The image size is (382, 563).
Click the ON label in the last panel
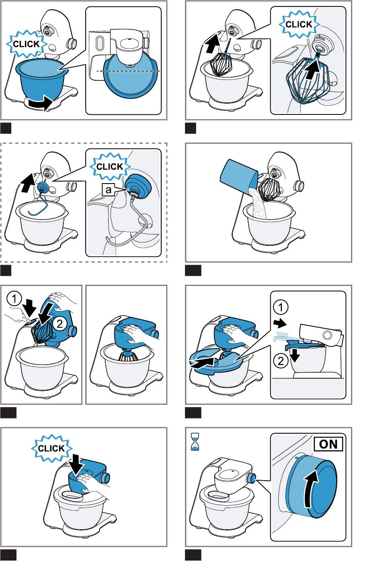(x=328, y=444)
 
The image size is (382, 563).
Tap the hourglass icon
(x=195, y=441)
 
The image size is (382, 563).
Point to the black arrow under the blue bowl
(x=40, y=103)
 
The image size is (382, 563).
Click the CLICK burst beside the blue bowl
(x=27, y=44)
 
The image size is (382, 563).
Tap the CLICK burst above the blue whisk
(x=299, y=24)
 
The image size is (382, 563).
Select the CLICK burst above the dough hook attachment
(x=110, y=166)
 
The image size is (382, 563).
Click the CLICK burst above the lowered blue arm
(x=51, y=448)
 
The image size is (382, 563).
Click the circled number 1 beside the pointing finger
(x=14, y=299)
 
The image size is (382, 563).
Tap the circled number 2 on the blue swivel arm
(x=60, y=324)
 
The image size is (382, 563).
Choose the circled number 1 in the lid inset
(x=281, y=307)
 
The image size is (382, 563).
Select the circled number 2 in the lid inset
(x=281, y=361)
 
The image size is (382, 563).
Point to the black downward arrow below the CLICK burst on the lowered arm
(x=77, y=465)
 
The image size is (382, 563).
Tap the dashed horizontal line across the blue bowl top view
(x=128, y=71)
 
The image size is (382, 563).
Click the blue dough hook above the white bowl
(x=38, y=198)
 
